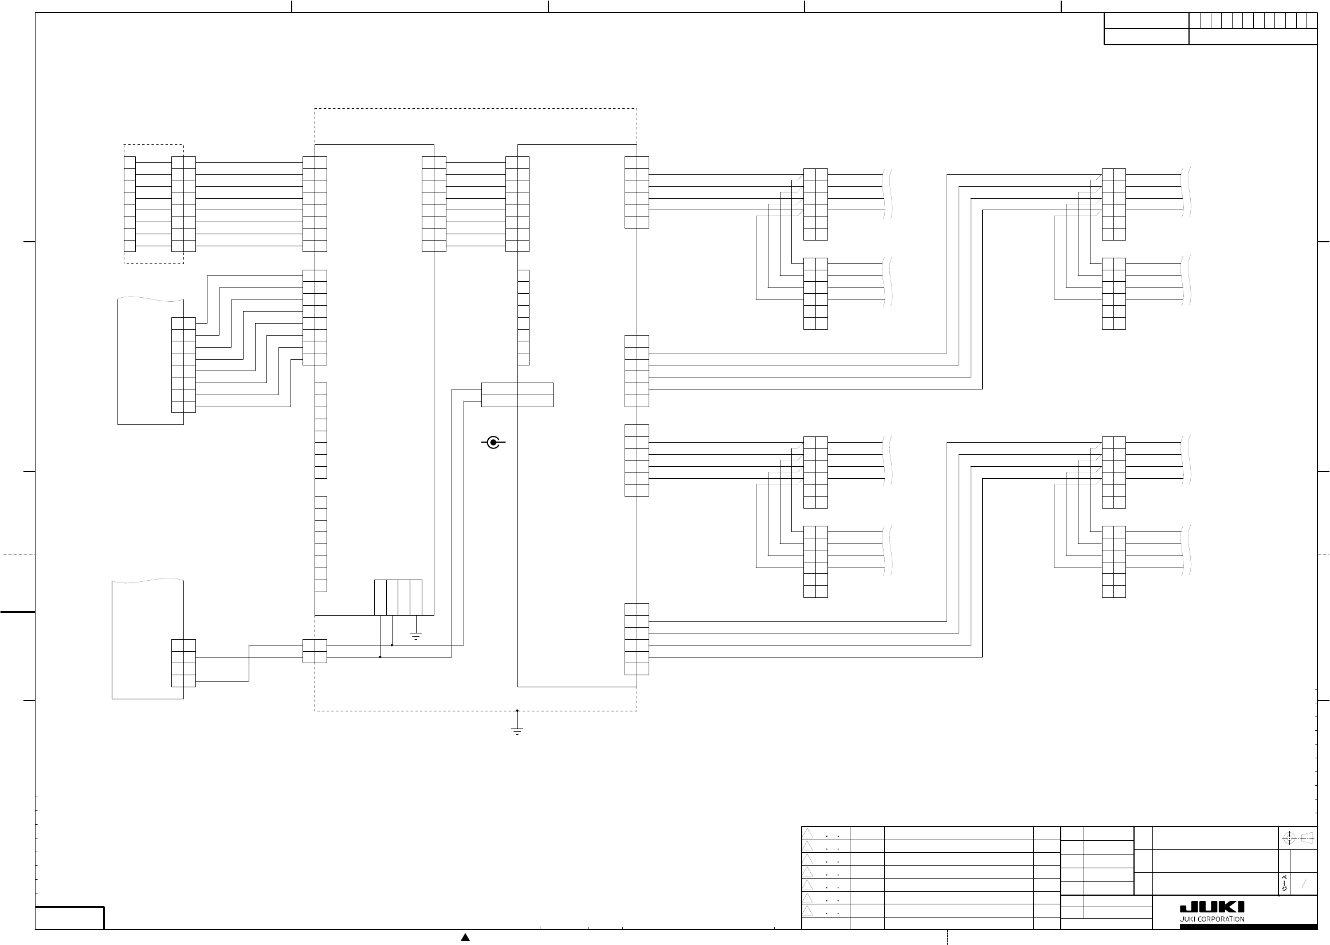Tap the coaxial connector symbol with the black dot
pos(493,443)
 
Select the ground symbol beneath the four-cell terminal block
pos(415,636)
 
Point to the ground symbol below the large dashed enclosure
pos(517,731)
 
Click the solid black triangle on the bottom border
pos(465,937)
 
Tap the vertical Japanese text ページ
pos(1284,884)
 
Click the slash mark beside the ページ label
pos(1304,884)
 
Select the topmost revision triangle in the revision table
pos(807,834)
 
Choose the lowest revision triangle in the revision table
pos(807,911)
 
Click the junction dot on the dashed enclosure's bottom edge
pos(517,711)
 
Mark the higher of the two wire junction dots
pos(392,645)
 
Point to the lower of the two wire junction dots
pos(380,657)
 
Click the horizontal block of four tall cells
pos(398,597)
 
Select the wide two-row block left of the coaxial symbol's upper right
pos(517,395)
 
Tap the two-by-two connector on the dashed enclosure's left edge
pos(315,651)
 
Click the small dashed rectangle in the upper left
pos(154,204)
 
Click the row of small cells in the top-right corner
pos(1253,21)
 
